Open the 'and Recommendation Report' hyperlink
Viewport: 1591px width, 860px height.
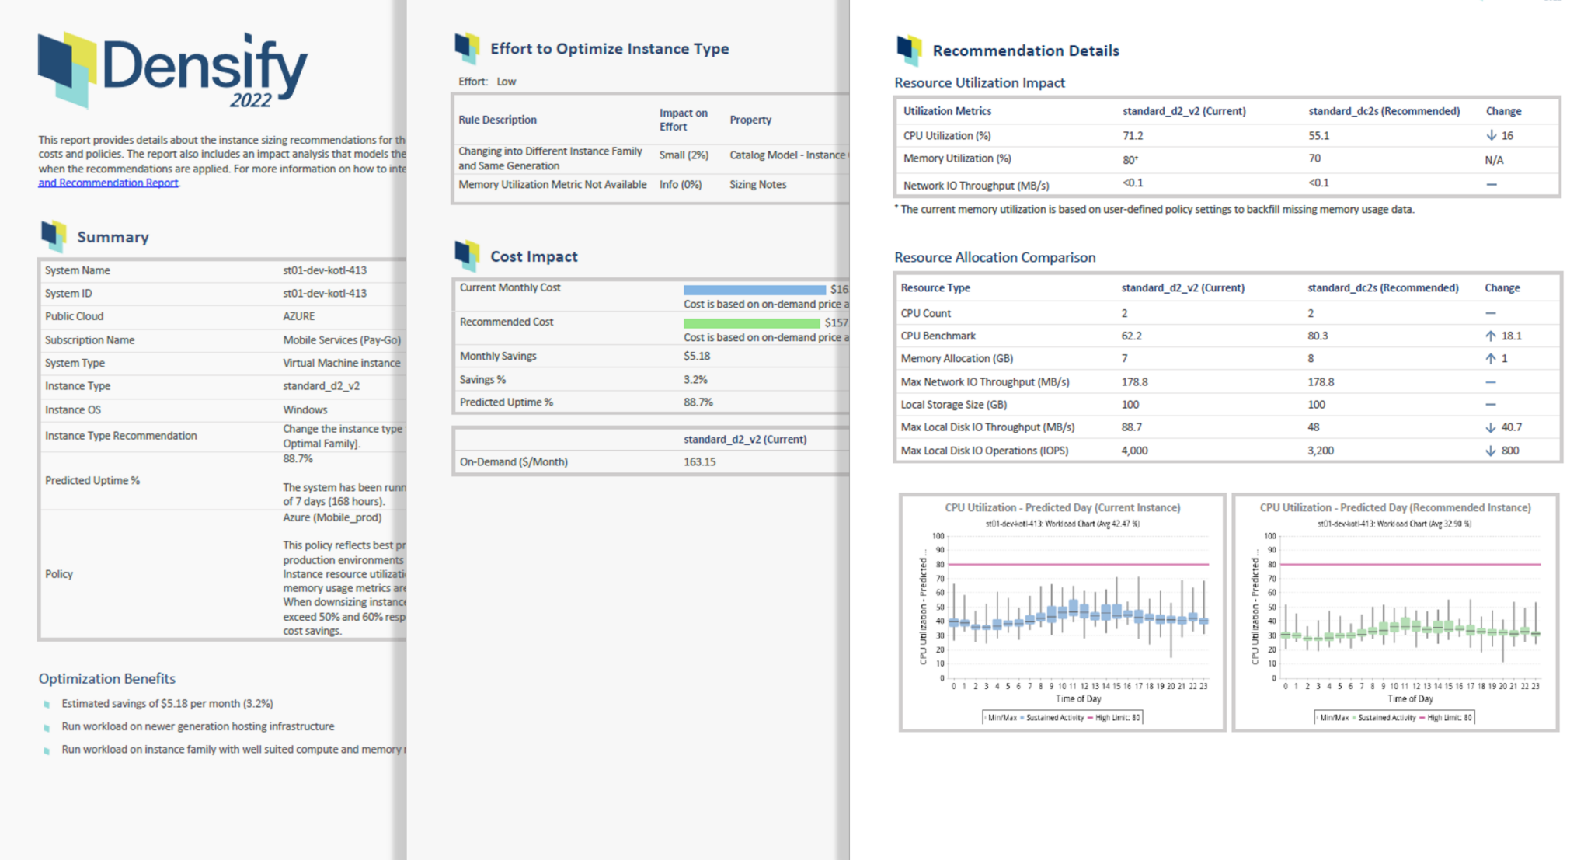108,183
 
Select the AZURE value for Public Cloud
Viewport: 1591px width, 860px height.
299,316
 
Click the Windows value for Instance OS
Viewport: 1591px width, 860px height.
305,409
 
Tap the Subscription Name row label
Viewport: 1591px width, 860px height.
89,340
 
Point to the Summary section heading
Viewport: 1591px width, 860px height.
113,237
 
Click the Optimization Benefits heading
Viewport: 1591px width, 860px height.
107,678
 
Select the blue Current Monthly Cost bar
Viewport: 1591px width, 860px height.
754,289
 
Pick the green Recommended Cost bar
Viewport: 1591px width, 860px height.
751,322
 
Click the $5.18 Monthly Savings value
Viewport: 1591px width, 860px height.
697,356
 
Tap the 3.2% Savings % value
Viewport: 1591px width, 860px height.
695,379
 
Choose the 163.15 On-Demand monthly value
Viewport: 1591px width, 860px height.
699,461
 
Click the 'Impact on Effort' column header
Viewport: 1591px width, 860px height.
683,120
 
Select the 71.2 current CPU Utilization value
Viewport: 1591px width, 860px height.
1133,136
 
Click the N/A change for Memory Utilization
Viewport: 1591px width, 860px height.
1494,160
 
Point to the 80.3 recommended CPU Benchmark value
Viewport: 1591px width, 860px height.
1318,336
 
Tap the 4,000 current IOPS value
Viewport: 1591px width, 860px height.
1134,451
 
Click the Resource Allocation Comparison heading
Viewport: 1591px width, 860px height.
994,257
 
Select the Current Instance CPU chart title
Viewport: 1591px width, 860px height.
1062,507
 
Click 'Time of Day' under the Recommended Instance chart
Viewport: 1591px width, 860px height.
1410,698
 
